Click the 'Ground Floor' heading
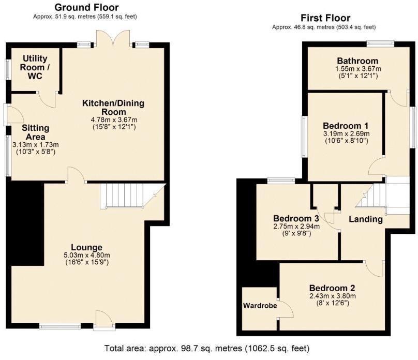click(86, 7)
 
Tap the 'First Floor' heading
click(324, 18)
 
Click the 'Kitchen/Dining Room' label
click(113, 108)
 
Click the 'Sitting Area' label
click(36, 132)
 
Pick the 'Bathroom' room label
click(357, 61)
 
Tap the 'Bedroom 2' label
click(332, 288)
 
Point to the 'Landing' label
click(365, 219)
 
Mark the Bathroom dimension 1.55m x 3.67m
click(357, 69)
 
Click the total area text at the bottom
click(207, 348)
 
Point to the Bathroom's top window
click(380, 43)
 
